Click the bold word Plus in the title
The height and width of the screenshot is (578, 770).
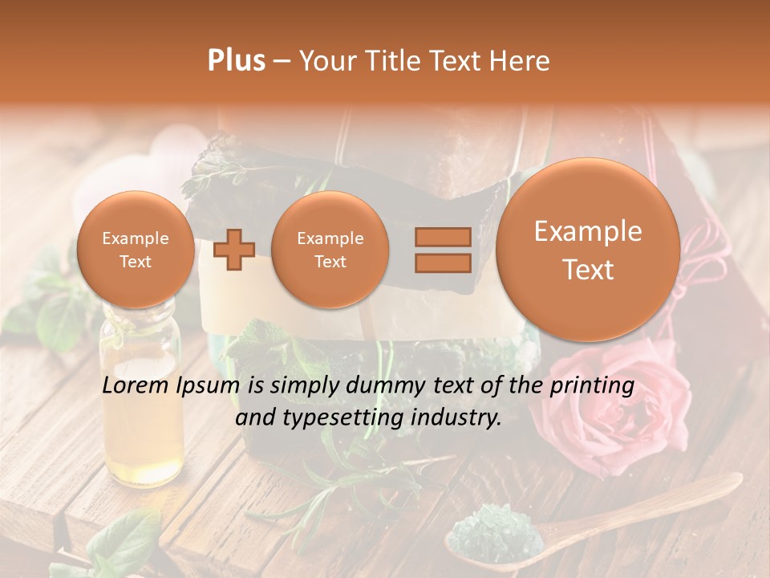tap(237, 61)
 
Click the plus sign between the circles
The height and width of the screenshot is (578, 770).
tap(234, 250)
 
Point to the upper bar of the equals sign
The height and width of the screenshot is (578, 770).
tap(443, 237)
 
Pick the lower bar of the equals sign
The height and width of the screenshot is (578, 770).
tap(443, 263)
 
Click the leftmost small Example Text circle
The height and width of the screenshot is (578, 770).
tap(135, 250)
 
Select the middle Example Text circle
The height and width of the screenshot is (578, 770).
tap(330, 250)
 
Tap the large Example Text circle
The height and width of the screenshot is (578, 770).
tap(588, 250)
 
